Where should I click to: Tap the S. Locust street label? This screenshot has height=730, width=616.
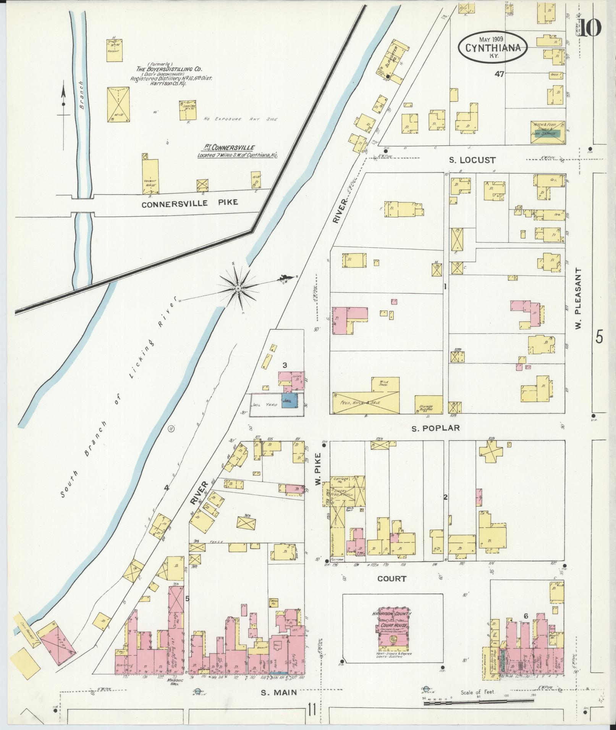coord(472,160)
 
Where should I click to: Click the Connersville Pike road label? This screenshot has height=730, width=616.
coord(190,203)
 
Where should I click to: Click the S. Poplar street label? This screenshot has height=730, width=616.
coord(436,428)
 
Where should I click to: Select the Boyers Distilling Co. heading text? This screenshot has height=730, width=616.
coord(170,69)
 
